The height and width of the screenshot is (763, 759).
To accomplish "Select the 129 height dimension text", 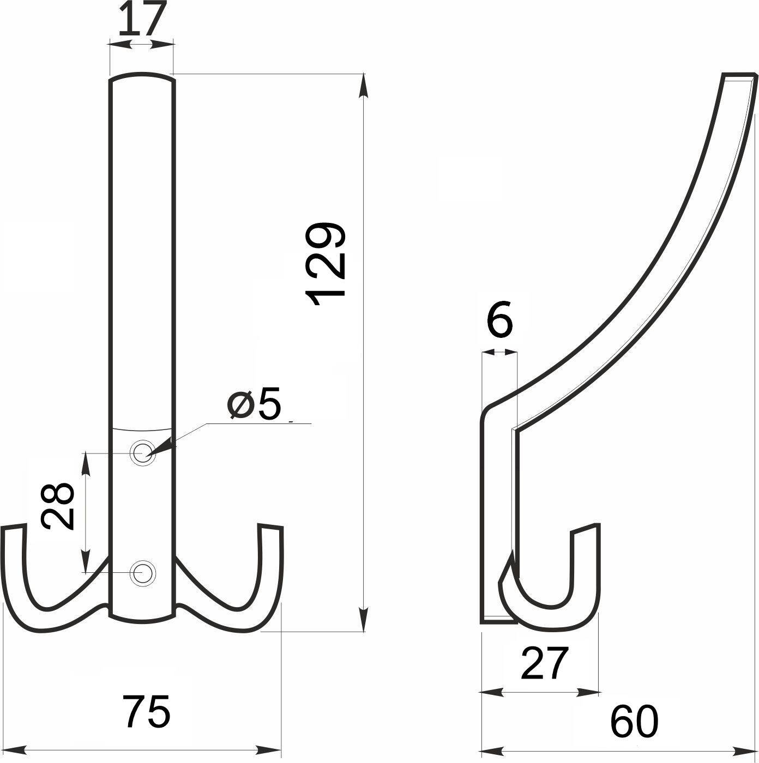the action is (325, 264).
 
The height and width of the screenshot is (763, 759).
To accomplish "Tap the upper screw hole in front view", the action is (142, 452).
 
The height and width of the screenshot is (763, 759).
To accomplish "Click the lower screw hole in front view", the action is (142, 572).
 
